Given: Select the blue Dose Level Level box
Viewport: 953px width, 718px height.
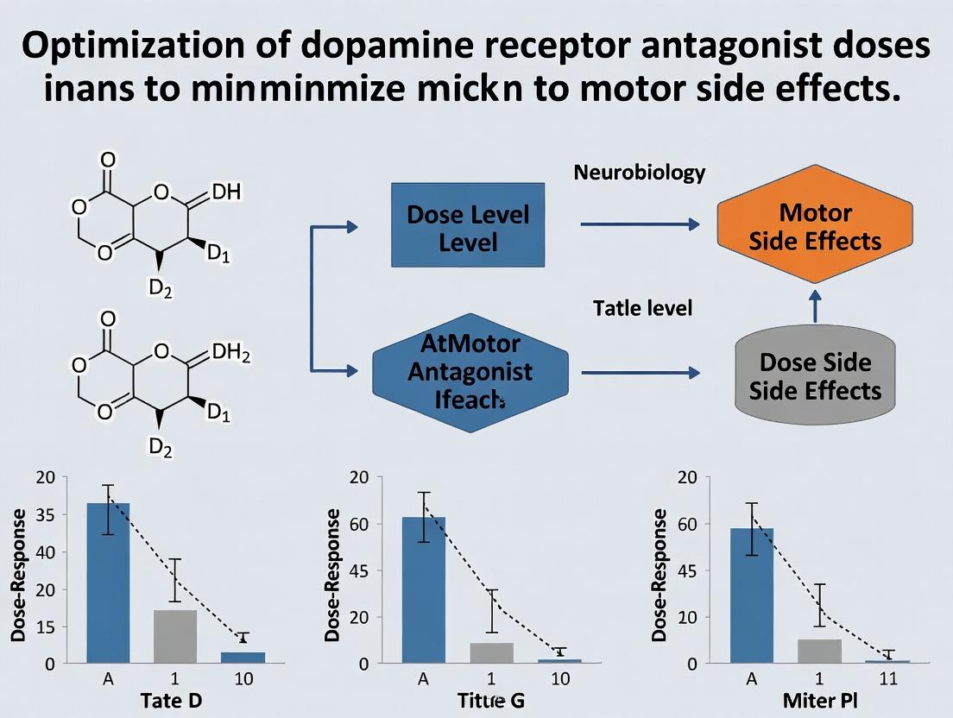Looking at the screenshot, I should pyautogui.click(x=468, y=225).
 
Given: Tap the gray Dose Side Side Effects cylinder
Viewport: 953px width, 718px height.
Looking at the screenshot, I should pyautogui.click(x=815, y=376).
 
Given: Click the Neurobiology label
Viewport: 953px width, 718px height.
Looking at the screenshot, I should pyautogui.click(x=639, y=173).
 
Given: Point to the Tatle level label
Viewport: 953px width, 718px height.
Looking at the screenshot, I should pyautogui.click(x=643, y=308).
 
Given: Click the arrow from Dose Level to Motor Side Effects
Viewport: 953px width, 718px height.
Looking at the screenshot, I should pyautogui.click(x=639, y=224).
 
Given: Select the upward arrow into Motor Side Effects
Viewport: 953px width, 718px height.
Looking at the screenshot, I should pyautogui.click(x=815, y=308).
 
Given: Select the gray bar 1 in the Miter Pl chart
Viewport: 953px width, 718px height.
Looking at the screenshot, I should pyautogui.click(x=819, y=651).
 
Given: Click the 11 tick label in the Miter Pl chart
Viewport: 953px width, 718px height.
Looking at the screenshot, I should pyautogui.click(x=887, y=679).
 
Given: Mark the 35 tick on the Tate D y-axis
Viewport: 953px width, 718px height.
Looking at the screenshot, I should pyautogui.click(x=45, y=516).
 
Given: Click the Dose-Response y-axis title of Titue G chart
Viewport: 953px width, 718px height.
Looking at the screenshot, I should pyautogui.click(x=332, y=574).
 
